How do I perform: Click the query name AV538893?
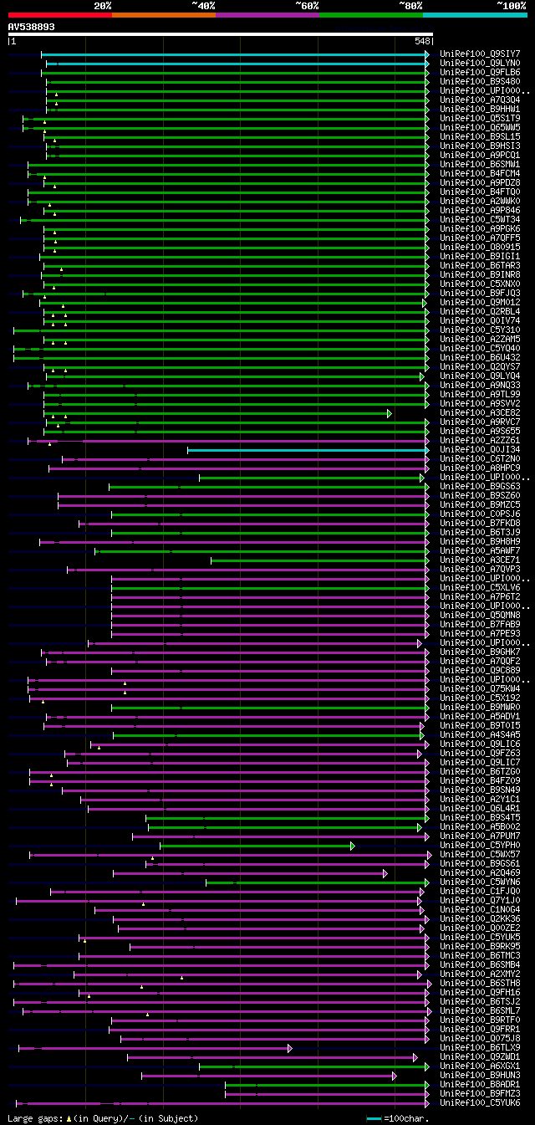click(x=31, y=27)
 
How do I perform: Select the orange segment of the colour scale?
click(x=163, y=14)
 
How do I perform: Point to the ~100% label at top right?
click(x=511, y=5)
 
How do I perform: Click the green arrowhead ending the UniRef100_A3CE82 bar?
click(x=389, y=413)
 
